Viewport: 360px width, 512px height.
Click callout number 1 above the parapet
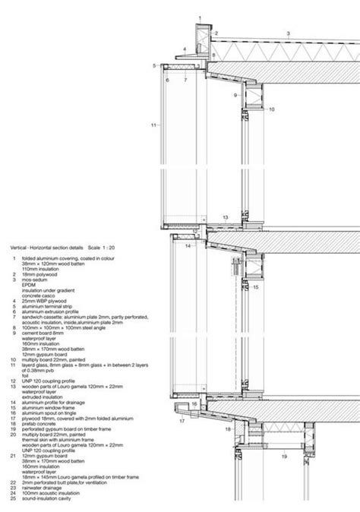click(200, 17)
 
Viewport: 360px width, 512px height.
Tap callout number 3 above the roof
click(288, 33)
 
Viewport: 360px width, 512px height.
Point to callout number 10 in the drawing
click(271, 109)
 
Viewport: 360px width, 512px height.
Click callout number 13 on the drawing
click(226, 217)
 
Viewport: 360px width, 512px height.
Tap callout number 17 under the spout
click(182, 419)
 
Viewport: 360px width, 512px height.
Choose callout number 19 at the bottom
click(283, 457)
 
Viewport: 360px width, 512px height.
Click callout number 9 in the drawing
click(235, 95)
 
